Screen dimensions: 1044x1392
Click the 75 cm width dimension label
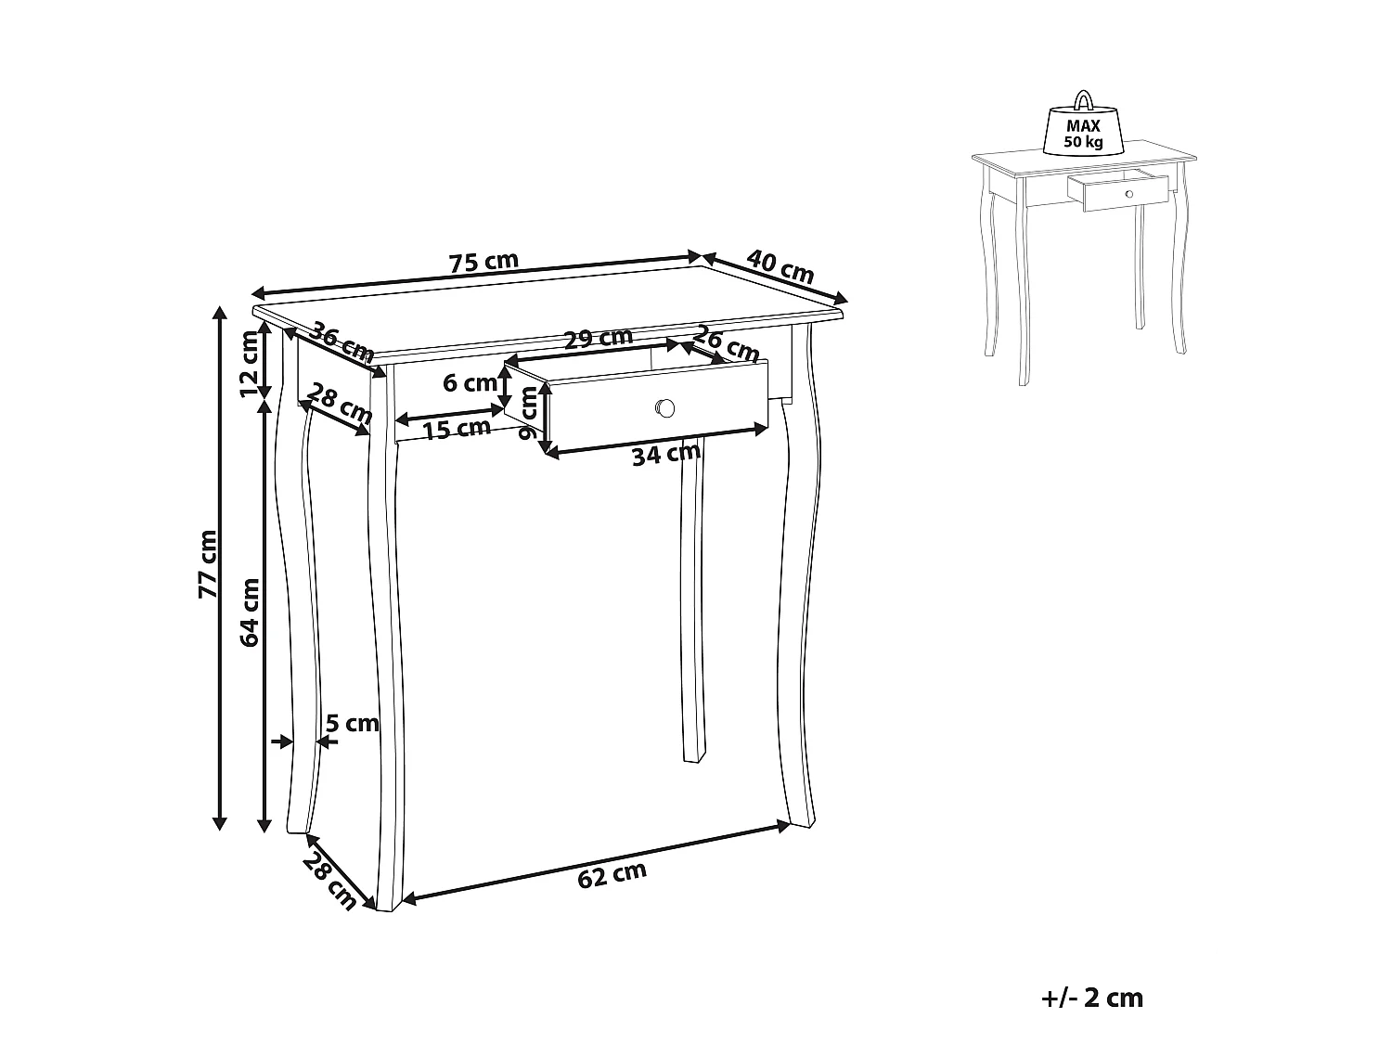(x=483, y=262)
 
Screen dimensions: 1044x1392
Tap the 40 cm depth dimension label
(x=780, y=266)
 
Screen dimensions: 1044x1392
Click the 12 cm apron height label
(x=251, y=363)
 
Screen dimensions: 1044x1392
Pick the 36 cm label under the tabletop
(x=342, y=342)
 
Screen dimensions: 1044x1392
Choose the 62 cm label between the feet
(x=612, y=873)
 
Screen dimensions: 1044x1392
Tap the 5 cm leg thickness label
(x=353, y=723)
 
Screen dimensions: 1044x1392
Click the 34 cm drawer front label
(x=665, y=454)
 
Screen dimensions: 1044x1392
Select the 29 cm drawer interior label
(x=599, y=337)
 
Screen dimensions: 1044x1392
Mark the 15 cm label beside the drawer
(x=457, y=429)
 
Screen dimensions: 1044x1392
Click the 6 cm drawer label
(x=470, y=382)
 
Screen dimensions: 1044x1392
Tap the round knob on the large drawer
(x=664, y=407)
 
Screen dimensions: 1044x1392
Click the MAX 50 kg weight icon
(x=1083, y=130)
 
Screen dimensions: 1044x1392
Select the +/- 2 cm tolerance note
(x=1092, y=999)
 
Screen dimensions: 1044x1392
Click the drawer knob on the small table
(x=1128, y=193)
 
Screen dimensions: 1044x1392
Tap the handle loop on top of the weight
(x=1083, y=99)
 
